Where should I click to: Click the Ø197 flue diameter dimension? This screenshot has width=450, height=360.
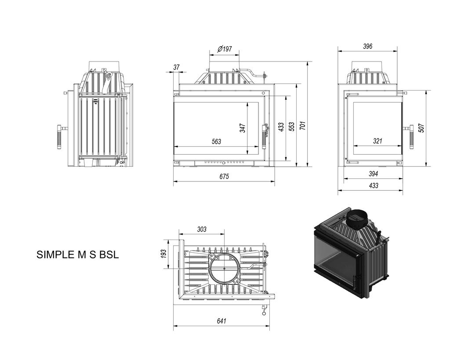point(225,49)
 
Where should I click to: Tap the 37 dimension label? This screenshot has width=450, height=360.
point(176,67)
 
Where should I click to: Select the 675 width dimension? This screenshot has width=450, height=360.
point(224,176)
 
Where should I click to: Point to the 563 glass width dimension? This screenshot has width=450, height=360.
point(216,142)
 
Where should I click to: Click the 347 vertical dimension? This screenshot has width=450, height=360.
point(243,128)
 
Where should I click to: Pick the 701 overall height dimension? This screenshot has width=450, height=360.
point(303,125)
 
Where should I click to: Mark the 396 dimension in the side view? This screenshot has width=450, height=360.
point(367,46)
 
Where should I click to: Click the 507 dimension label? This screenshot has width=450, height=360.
point(421,127)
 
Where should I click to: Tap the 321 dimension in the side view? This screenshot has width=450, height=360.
point(377,141)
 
